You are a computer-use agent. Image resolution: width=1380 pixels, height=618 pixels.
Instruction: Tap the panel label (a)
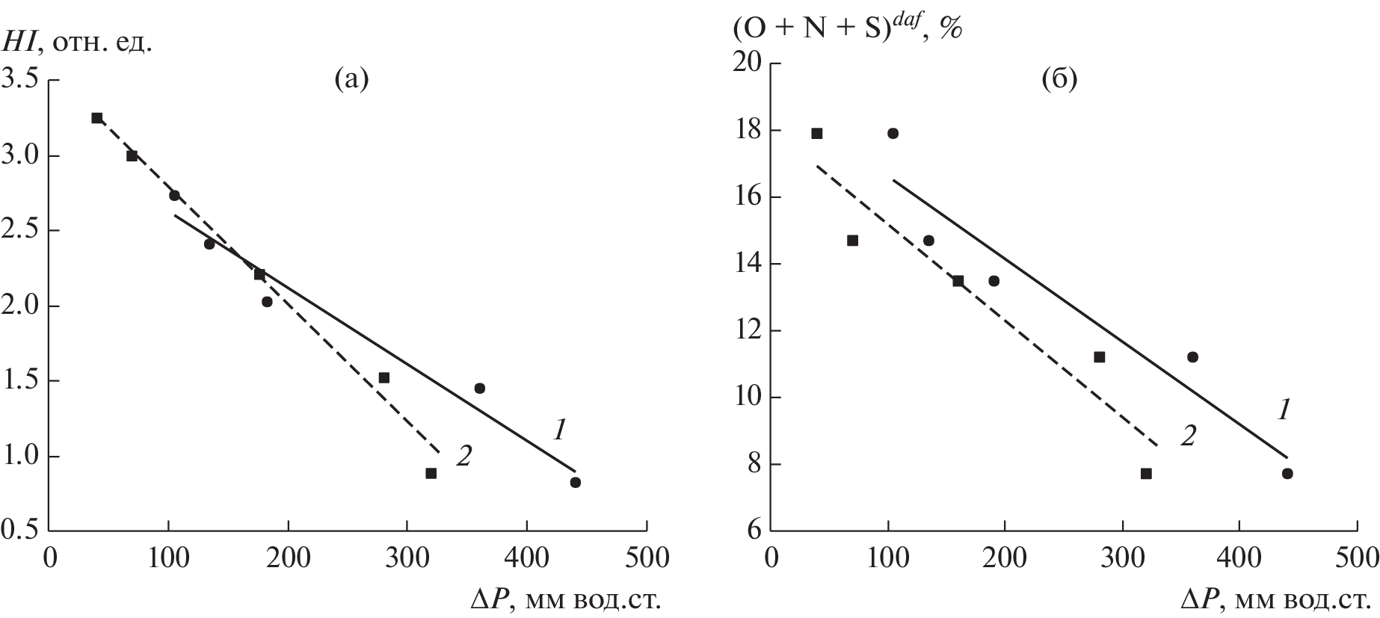tap(351, 78)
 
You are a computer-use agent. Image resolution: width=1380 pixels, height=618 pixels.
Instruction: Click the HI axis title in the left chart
tap(78, 42)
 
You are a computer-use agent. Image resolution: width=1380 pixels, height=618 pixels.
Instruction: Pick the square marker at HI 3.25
tap(96, 117)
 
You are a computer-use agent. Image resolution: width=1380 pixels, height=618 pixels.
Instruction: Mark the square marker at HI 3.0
tap(132, 155)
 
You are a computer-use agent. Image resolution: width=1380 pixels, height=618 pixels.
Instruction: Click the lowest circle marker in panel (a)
tap(575, 483)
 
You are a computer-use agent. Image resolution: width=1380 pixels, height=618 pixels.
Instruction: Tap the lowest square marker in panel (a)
tap(431, 473)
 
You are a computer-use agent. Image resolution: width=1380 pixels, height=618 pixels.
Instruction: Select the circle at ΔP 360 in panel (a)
tap(479, 388)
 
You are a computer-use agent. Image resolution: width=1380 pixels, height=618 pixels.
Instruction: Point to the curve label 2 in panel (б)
tap(1187, 435)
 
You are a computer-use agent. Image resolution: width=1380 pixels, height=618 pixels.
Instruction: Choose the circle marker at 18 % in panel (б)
tap(893, 133)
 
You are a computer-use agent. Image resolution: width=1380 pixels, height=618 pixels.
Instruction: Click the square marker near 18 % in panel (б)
tap(816, 133)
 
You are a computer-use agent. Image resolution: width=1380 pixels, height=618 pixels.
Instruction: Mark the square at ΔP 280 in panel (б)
tap(1099, 356)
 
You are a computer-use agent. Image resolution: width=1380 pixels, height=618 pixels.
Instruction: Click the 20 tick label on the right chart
tap(748, 64)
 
